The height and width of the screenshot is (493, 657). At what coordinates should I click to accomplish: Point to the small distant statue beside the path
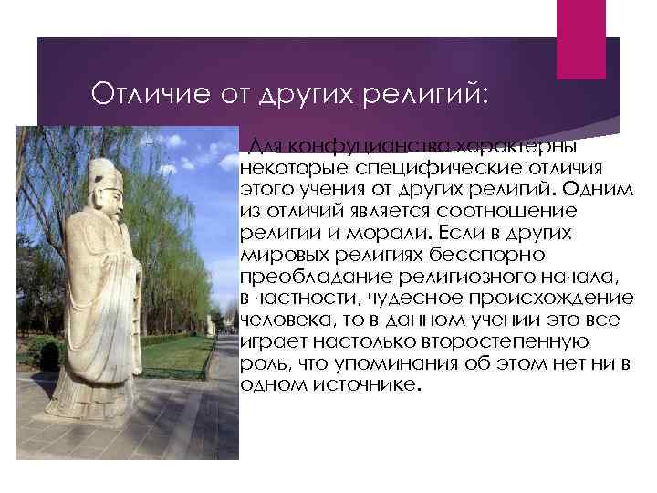pyautogui.click(x=211, y=325)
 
